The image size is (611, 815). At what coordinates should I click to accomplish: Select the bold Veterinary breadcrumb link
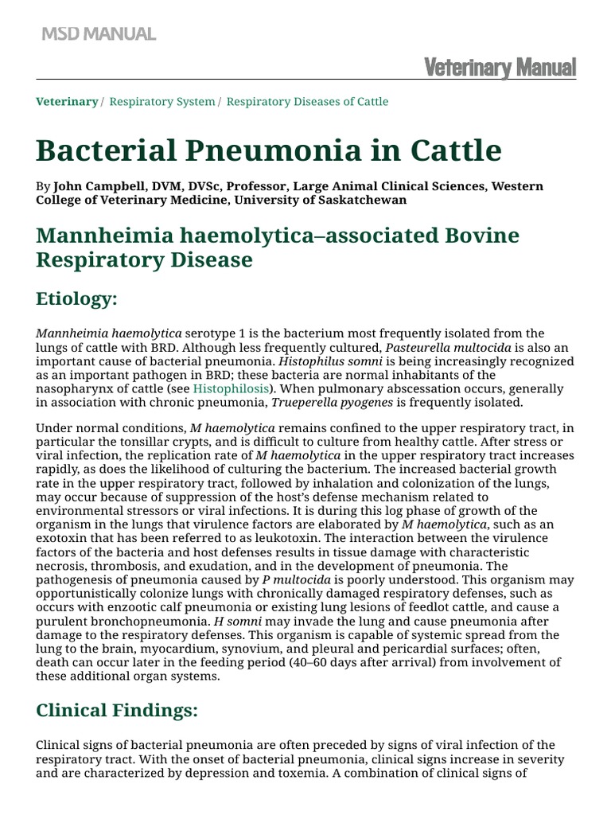67,102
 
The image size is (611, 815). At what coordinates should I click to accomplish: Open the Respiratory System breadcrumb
162,102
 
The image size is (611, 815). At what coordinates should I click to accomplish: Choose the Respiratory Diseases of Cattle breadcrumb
308,102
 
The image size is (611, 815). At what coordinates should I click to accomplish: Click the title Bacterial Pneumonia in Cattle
269,150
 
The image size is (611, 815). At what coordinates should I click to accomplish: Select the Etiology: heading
76,298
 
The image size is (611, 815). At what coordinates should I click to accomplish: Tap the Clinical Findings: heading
117,711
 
